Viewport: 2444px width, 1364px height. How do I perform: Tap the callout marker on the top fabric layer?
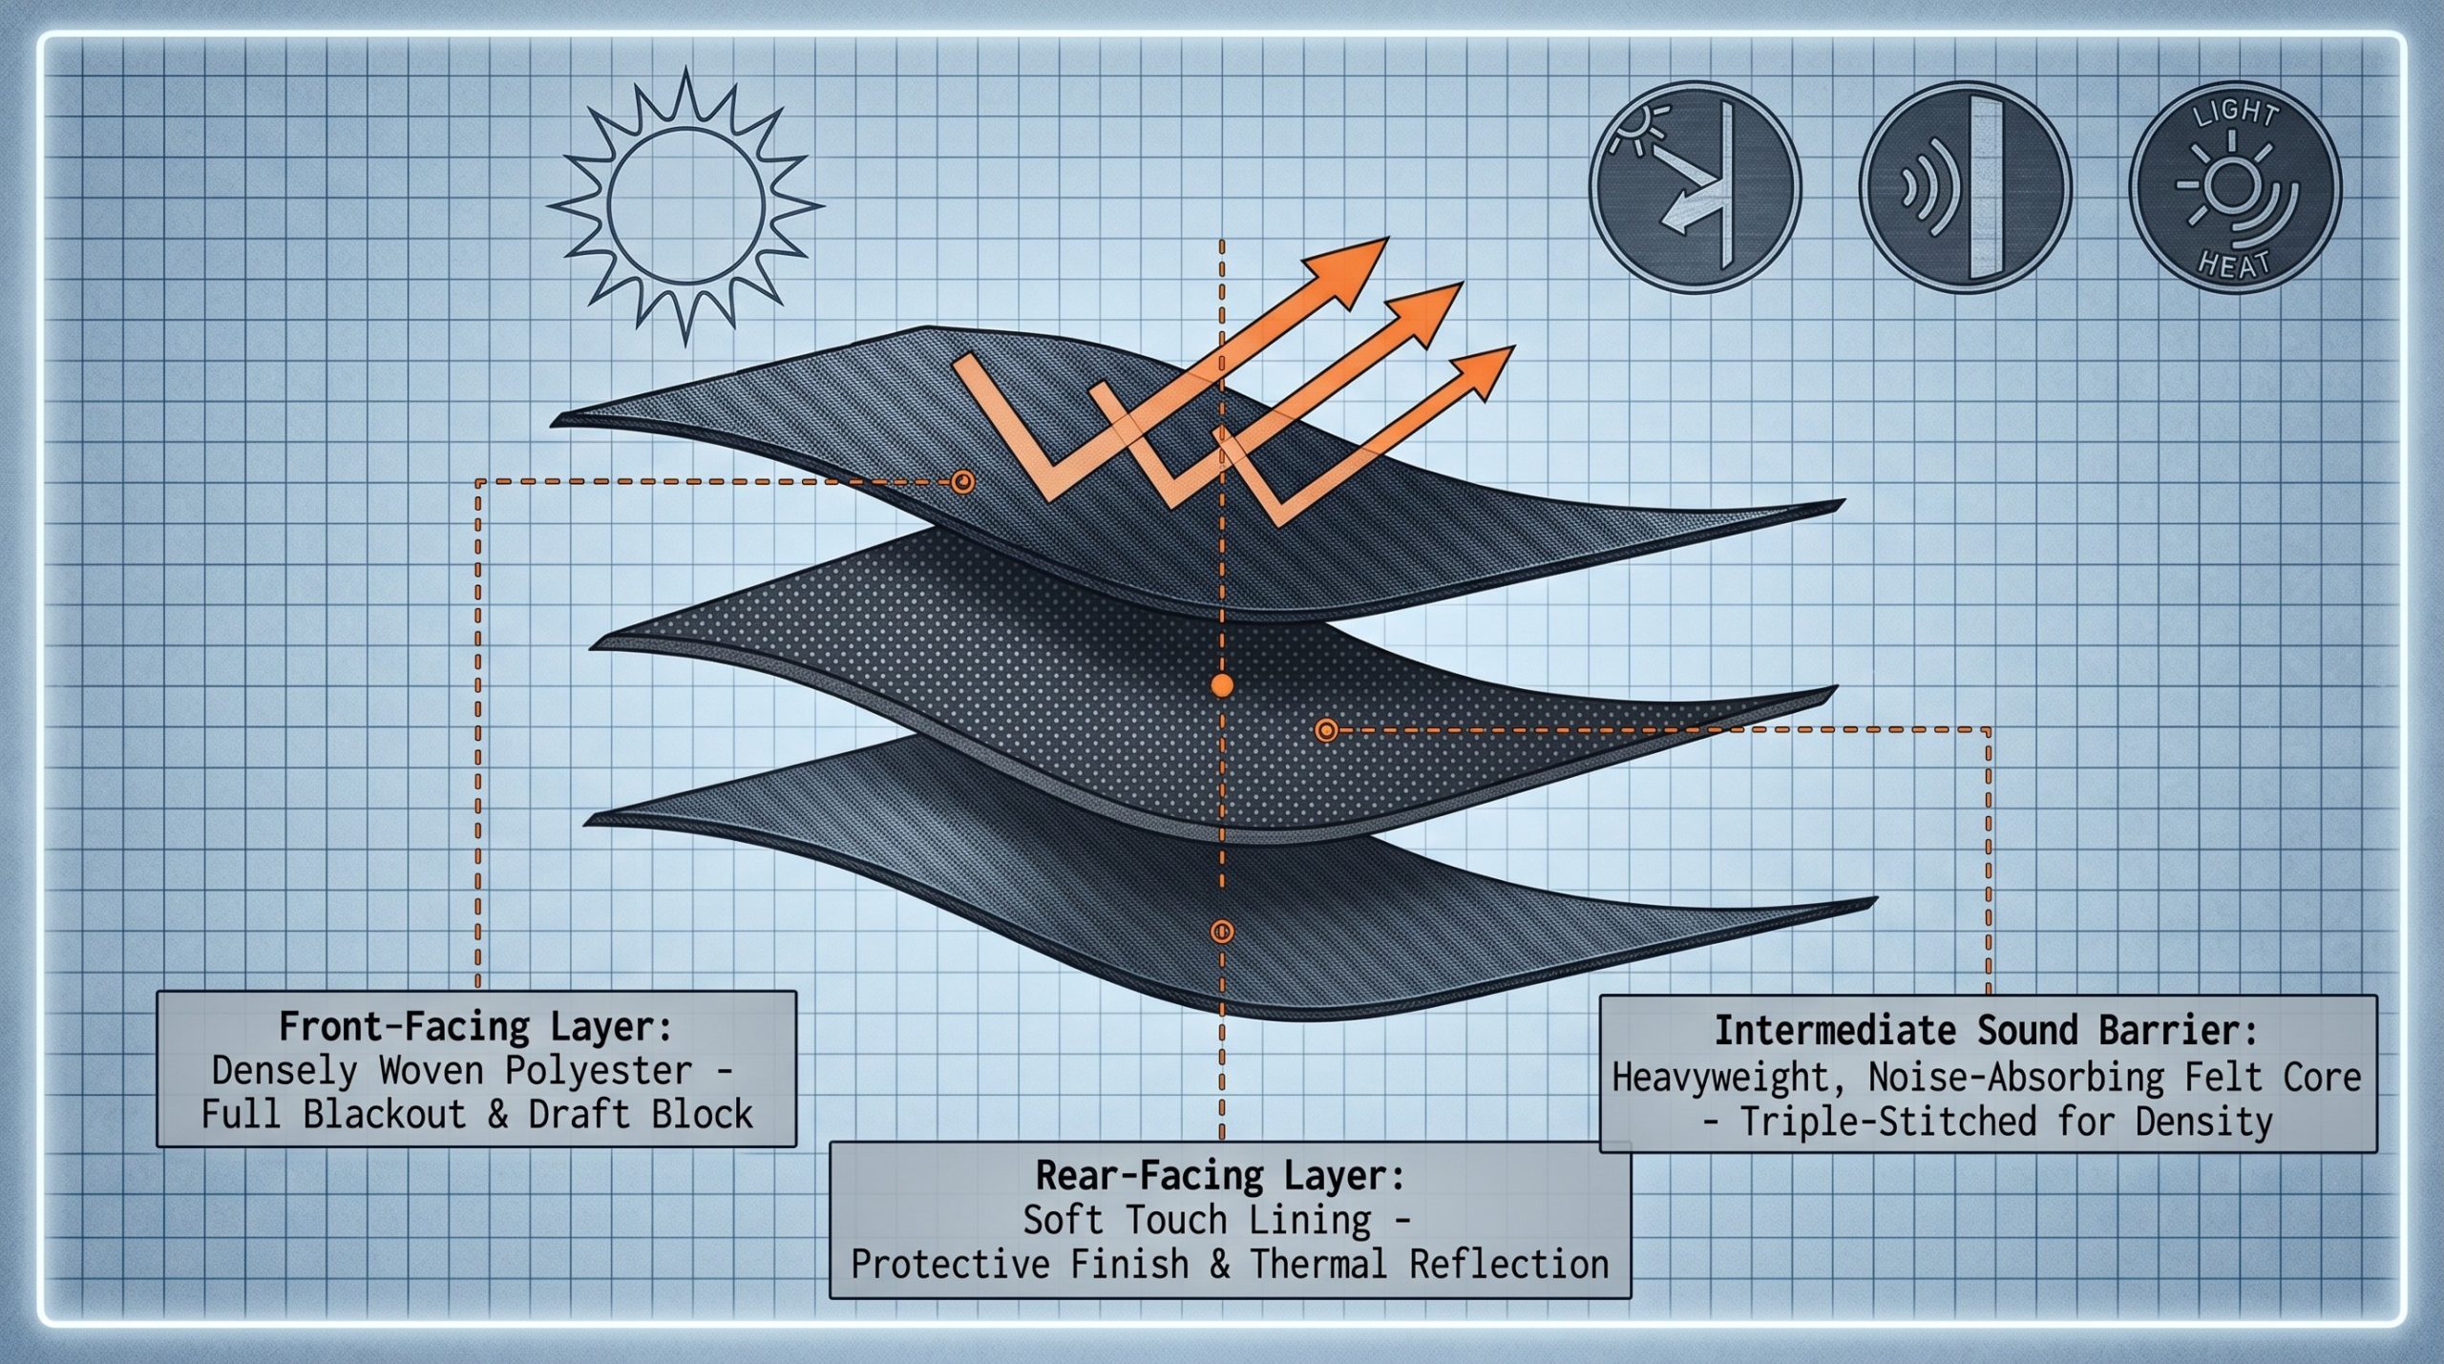(x=962, y=481)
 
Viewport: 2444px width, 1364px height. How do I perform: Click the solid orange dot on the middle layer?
(x=1221, y=685)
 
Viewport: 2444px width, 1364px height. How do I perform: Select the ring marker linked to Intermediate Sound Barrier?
(x=1324, y=730)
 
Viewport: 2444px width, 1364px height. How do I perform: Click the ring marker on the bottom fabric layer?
(x=1221, y=931)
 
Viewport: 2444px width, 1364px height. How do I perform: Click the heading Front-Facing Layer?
(x=475, y=1028)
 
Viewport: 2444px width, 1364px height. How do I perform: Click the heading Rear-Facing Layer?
(x=1221, y=1176)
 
